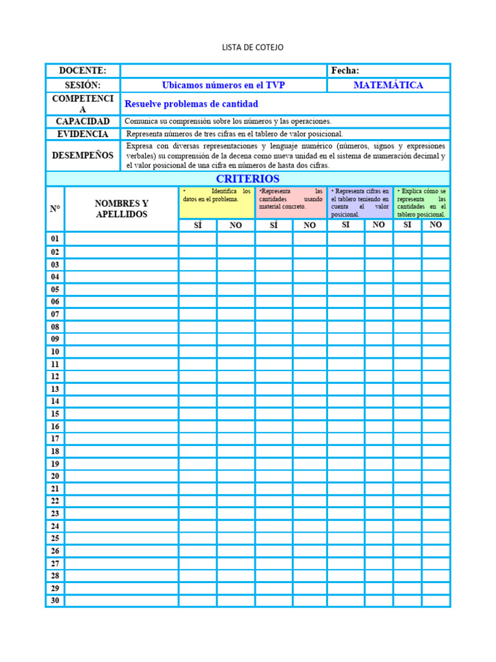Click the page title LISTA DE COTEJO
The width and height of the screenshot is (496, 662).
click(253, 47)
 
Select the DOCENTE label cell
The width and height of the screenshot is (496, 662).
click(83, 70)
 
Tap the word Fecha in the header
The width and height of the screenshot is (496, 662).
click(345, 70)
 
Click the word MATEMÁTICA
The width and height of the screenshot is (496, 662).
click(388, 85)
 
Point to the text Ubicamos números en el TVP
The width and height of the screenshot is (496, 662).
click(223, 85)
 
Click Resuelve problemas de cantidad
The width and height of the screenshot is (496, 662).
click(191, 104)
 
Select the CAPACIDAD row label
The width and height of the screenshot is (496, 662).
click(83, 122)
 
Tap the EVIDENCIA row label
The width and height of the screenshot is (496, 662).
click(83, 134)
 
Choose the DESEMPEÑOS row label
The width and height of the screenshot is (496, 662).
click(83, 155)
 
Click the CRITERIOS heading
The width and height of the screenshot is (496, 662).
click(247, 178)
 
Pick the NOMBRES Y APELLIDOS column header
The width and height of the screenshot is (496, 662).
click(121, 209)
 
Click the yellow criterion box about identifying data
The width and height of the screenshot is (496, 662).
click(216, 202)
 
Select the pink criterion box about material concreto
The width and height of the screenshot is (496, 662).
click(291, 202)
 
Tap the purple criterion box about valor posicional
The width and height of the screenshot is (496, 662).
click(360, 202)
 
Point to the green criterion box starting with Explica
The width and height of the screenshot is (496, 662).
click(422, 202)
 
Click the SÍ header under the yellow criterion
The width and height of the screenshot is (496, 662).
click(198, 225)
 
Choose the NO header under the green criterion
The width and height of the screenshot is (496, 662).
click(436, 225)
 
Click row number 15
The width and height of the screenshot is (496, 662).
click(55, 414)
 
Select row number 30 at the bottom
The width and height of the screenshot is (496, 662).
click(55, 601)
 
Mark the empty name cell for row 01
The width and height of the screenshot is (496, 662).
click(121, 239)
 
